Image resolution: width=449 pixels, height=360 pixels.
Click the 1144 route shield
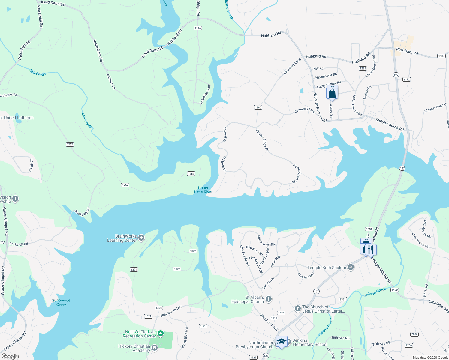[197, 28]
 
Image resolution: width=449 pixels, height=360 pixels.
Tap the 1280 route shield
[258, 107]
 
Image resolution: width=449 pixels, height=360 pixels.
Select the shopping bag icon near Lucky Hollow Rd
[332, 93]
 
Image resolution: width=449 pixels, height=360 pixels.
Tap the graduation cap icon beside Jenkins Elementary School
[281, 342]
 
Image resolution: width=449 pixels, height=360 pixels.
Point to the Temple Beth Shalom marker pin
[351, 267]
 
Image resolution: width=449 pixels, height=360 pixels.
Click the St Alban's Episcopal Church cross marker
[269, 299]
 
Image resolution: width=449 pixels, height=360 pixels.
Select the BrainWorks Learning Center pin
[141, 238]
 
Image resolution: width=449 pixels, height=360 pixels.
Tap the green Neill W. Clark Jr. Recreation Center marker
[161, 333]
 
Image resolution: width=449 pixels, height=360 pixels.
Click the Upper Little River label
[203, 190]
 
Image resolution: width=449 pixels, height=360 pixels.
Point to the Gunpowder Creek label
[62, 302]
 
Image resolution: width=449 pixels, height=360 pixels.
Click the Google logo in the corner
[10, 356]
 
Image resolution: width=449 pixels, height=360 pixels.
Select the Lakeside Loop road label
[205, 94]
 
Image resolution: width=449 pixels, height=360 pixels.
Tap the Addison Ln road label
[111, 82]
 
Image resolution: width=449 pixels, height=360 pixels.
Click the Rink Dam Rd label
[407, 52]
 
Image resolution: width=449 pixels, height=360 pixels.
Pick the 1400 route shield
[394, 290]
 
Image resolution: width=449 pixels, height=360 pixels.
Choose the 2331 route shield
[342, 299]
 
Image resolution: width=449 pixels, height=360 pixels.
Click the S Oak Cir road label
[31, 165]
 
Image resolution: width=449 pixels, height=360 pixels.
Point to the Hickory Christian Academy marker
[155, 348]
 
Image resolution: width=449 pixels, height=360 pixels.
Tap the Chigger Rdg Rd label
[435, 108]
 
